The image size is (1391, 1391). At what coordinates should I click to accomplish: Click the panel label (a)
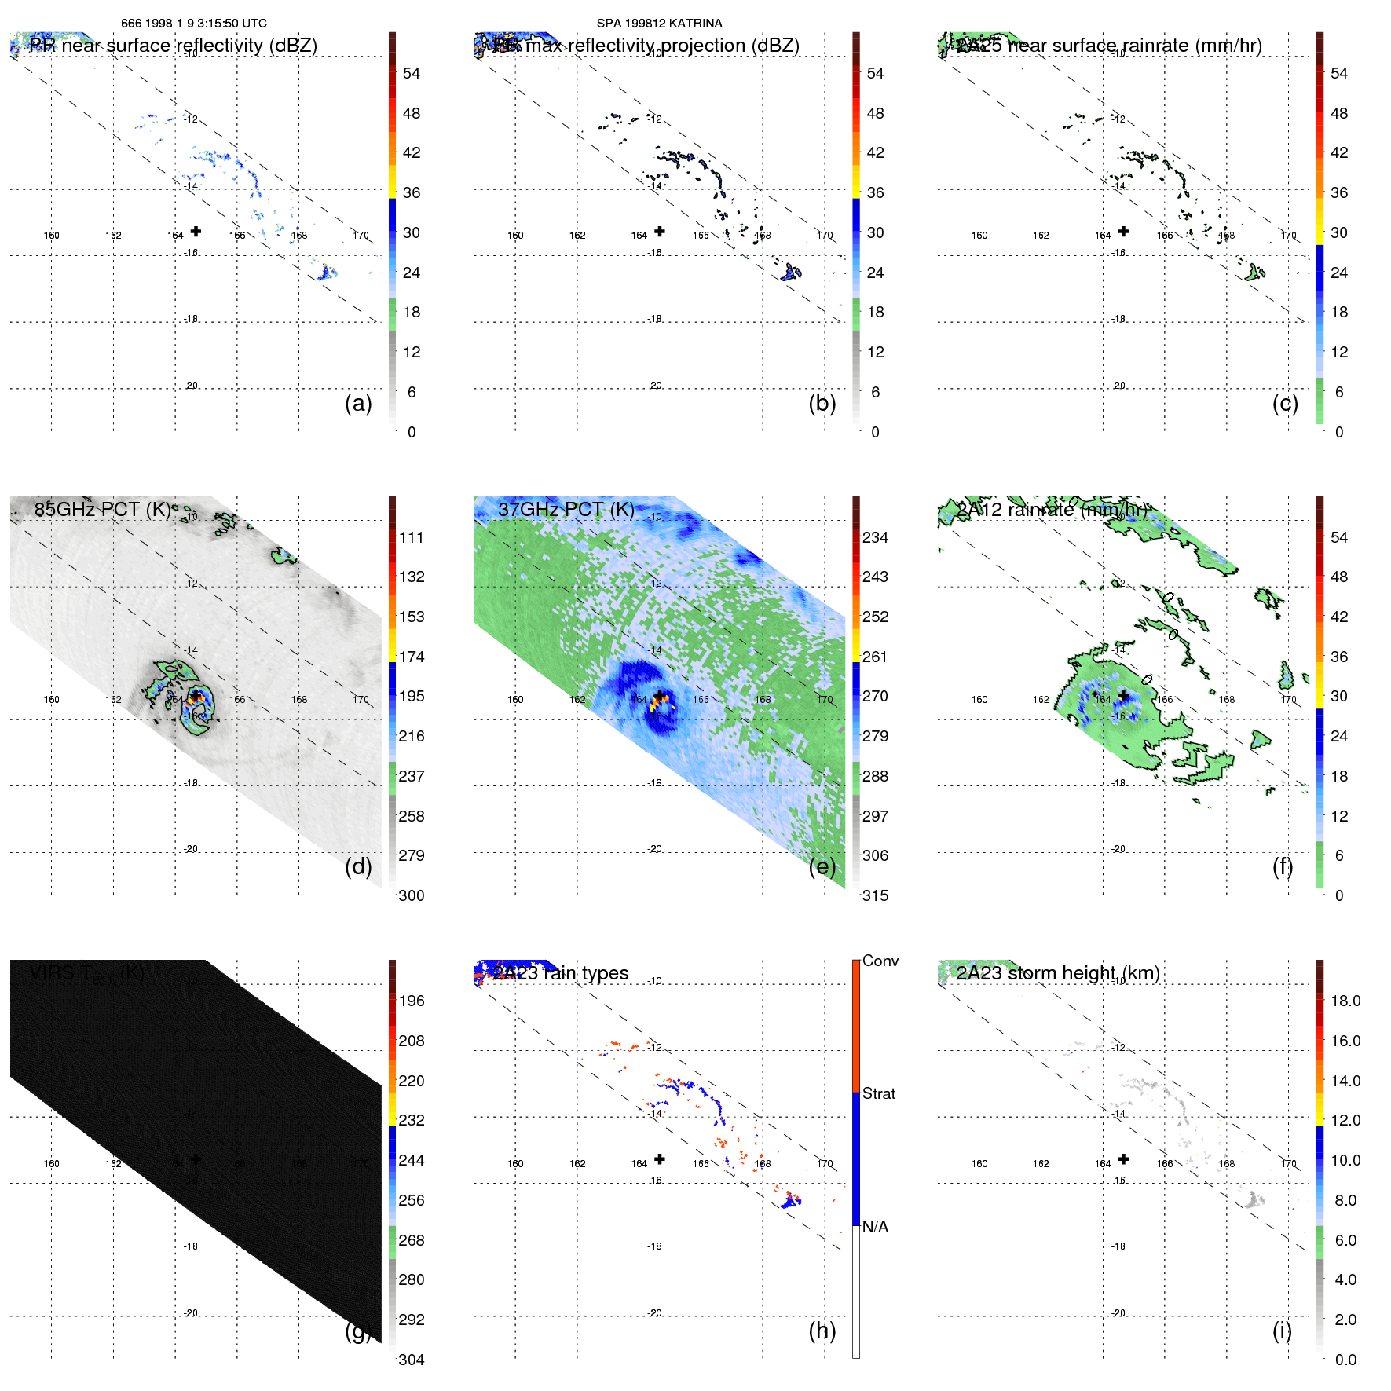[358, 404]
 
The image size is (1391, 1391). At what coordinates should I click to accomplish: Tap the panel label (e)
[822, 867]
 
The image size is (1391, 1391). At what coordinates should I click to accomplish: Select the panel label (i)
[1282, 1331]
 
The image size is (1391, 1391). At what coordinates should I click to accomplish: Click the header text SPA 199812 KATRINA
[659, 24]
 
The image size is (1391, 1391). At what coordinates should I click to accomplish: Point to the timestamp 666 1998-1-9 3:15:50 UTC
[194, 24]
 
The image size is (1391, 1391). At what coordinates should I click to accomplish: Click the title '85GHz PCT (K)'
[102, 510]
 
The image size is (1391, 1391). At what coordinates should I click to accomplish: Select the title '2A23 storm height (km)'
[1058, 973]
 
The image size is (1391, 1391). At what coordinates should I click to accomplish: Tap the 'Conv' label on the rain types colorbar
[880, 961]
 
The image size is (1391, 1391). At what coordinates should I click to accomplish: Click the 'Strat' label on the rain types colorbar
[879, 1093]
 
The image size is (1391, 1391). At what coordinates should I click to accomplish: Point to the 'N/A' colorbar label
[876, 1227]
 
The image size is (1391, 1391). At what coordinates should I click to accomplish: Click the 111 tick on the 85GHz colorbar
[412, 537]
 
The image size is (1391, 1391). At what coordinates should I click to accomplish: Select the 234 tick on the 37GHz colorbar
[875, 537]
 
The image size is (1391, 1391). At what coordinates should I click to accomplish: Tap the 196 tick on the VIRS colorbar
[412, 1001]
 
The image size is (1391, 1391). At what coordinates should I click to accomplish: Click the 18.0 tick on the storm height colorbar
[1345, 1001]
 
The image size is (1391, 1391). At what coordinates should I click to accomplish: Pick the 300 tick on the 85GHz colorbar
[412, 895]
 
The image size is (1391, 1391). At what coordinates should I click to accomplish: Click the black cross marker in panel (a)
[196, 231]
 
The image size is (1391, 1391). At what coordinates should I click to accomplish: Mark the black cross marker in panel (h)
[660, 1159]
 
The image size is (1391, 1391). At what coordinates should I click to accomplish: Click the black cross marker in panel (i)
[1124, 1159]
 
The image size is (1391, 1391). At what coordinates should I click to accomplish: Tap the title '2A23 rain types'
[561, 973]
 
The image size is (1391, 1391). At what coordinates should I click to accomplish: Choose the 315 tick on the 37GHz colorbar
[875, 895]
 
